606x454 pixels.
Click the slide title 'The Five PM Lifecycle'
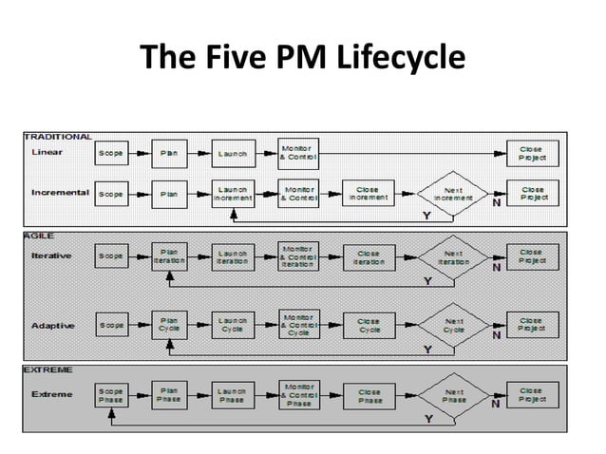[x=303, y=60]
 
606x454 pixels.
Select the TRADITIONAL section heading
[x=58, y=137]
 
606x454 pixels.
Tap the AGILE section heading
[x=39, y=235]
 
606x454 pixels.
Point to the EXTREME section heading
[x=47, y=369]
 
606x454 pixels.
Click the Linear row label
[x=48, y=152]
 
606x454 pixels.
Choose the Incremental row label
[x=60, y=193]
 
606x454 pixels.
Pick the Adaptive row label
[x=54, y=325]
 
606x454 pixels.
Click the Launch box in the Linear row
[x=233, y=153]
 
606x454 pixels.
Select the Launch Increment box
[x=233, y=193]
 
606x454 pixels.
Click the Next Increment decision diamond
[x=453, y=194]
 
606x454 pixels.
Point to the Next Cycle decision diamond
[x=453, y=326]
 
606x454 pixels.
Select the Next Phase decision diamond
[x=453, y=395]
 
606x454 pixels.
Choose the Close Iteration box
[x=369, y=257]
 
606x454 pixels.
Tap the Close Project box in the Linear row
[x=531, y=153]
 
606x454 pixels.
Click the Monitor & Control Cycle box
[x=298, y=326]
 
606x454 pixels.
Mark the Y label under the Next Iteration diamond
[x=426, y=281]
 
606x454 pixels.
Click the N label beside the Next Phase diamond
[x=495, y=403]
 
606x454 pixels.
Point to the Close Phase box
[x=369, y=395]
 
